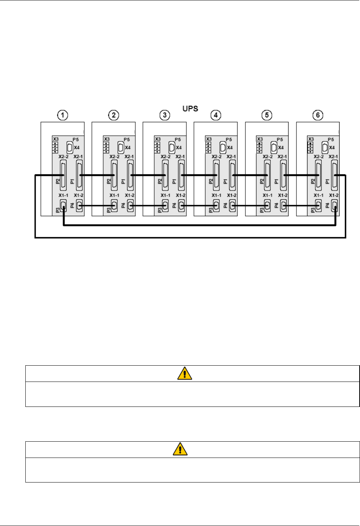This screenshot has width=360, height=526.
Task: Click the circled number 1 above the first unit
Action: pyautogui.click(x=63, y=115)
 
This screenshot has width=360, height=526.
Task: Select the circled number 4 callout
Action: pyautogui.click(x=216, y=115)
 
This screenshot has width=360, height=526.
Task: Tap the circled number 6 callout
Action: pyautogui.click(x=318, y=115)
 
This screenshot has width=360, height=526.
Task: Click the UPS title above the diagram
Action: pyautogui.click(x=190, y=109)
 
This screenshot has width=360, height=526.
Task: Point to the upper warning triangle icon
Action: pyautogui.click(x=185, y=374)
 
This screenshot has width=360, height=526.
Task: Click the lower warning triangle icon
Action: pyautogui.click(x=180, y=449)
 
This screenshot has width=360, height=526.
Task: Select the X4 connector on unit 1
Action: pyautogui.click(x=70, y=147)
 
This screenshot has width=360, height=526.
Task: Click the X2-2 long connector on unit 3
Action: pyautogui.click(x=165, y=175)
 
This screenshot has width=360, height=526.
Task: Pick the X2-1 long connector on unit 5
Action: pyautogui.click(x=283, y=175)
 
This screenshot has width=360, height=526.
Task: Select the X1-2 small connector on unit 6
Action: pyautogui.click(x=335, y=206)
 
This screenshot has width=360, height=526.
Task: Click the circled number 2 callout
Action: pyautogui.click(x=114, y=115)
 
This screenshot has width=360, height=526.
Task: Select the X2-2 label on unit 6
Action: pyautogui.click(x=318, y=157)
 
